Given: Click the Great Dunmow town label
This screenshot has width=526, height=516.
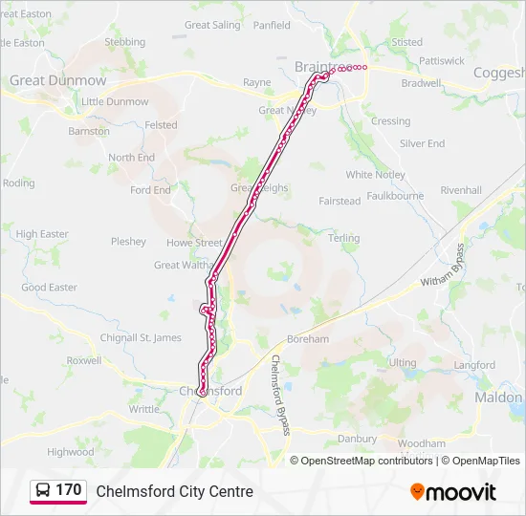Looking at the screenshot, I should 57,81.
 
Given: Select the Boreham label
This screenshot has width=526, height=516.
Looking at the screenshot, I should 308,339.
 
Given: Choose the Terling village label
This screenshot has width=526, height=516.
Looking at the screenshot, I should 344,238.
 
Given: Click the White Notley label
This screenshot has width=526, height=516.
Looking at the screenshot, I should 375,175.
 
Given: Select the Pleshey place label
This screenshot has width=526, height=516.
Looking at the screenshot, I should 128,242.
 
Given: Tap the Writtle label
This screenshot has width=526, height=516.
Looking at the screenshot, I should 144,409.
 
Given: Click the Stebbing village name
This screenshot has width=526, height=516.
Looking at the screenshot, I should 124,42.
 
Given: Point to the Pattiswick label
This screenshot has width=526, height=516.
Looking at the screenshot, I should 441,60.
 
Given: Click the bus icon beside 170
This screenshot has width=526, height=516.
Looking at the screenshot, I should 43,490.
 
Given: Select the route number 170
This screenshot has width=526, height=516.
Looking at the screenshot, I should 68,490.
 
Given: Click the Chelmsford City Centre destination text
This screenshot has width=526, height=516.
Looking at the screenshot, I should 174,491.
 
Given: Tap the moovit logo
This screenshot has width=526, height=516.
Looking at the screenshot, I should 453,491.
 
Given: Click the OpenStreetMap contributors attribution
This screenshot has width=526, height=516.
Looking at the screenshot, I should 366,461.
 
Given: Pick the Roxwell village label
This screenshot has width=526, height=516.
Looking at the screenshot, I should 84,360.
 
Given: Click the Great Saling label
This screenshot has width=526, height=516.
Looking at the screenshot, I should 212,25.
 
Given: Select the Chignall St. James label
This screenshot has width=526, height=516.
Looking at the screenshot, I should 141,337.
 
